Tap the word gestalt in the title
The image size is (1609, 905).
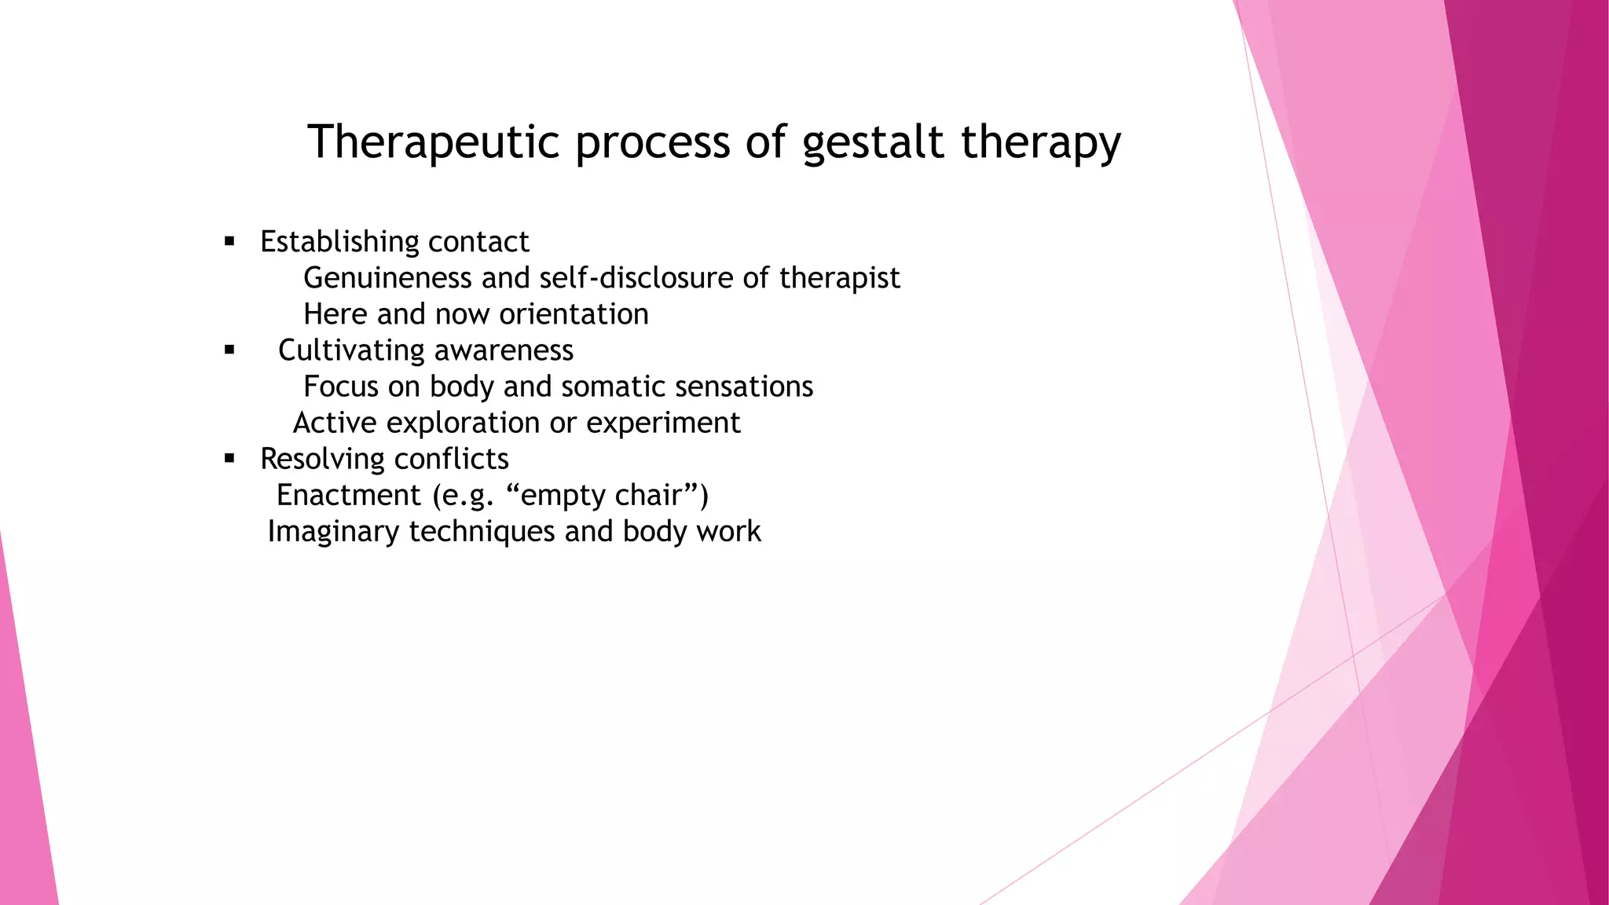point(872,142)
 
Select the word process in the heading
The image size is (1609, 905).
point(653,142)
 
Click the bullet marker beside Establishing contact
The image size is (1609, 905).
point(229,241)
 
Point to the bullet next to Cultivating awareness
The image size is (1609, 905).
point(229,350)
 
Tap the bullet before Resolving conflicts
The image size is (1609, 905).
point(229,459)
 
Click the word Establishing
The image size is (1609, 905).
point(339,242)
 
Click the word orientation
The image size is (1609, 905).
point(574,314)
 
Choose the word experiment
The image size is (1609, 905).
point(663,423)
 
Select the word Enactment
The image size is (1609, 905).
point(349,495)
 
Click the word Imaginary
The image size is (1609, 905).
point(333,532)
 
